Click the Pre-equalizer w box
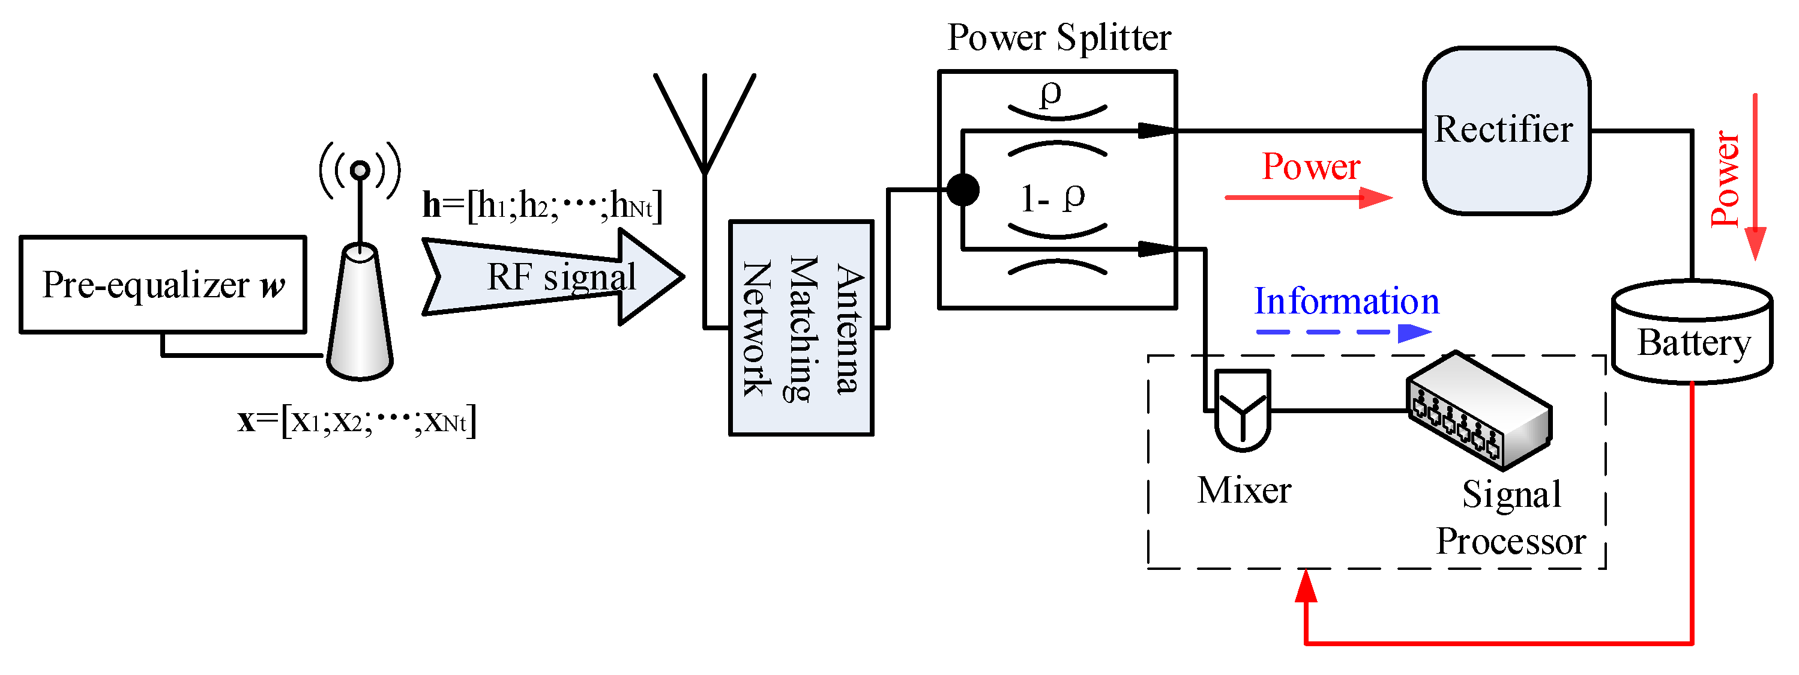pos(163,285)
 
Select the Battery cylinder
pos(1693,333)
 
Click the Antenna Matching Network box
pos(801,328)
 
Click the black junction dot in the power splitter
pos(963,189)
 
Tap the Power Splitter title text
pos(1058,37)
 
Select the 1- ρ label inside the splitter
pos(1052,198)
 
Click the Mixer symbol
pos(1243,410)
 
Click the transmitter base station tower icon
pos(360,294)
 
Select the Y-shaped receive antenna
pos(705,126)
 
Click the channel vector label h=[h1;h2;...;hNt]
pos(542,205)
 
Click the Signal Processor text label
pos(1511,518)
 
